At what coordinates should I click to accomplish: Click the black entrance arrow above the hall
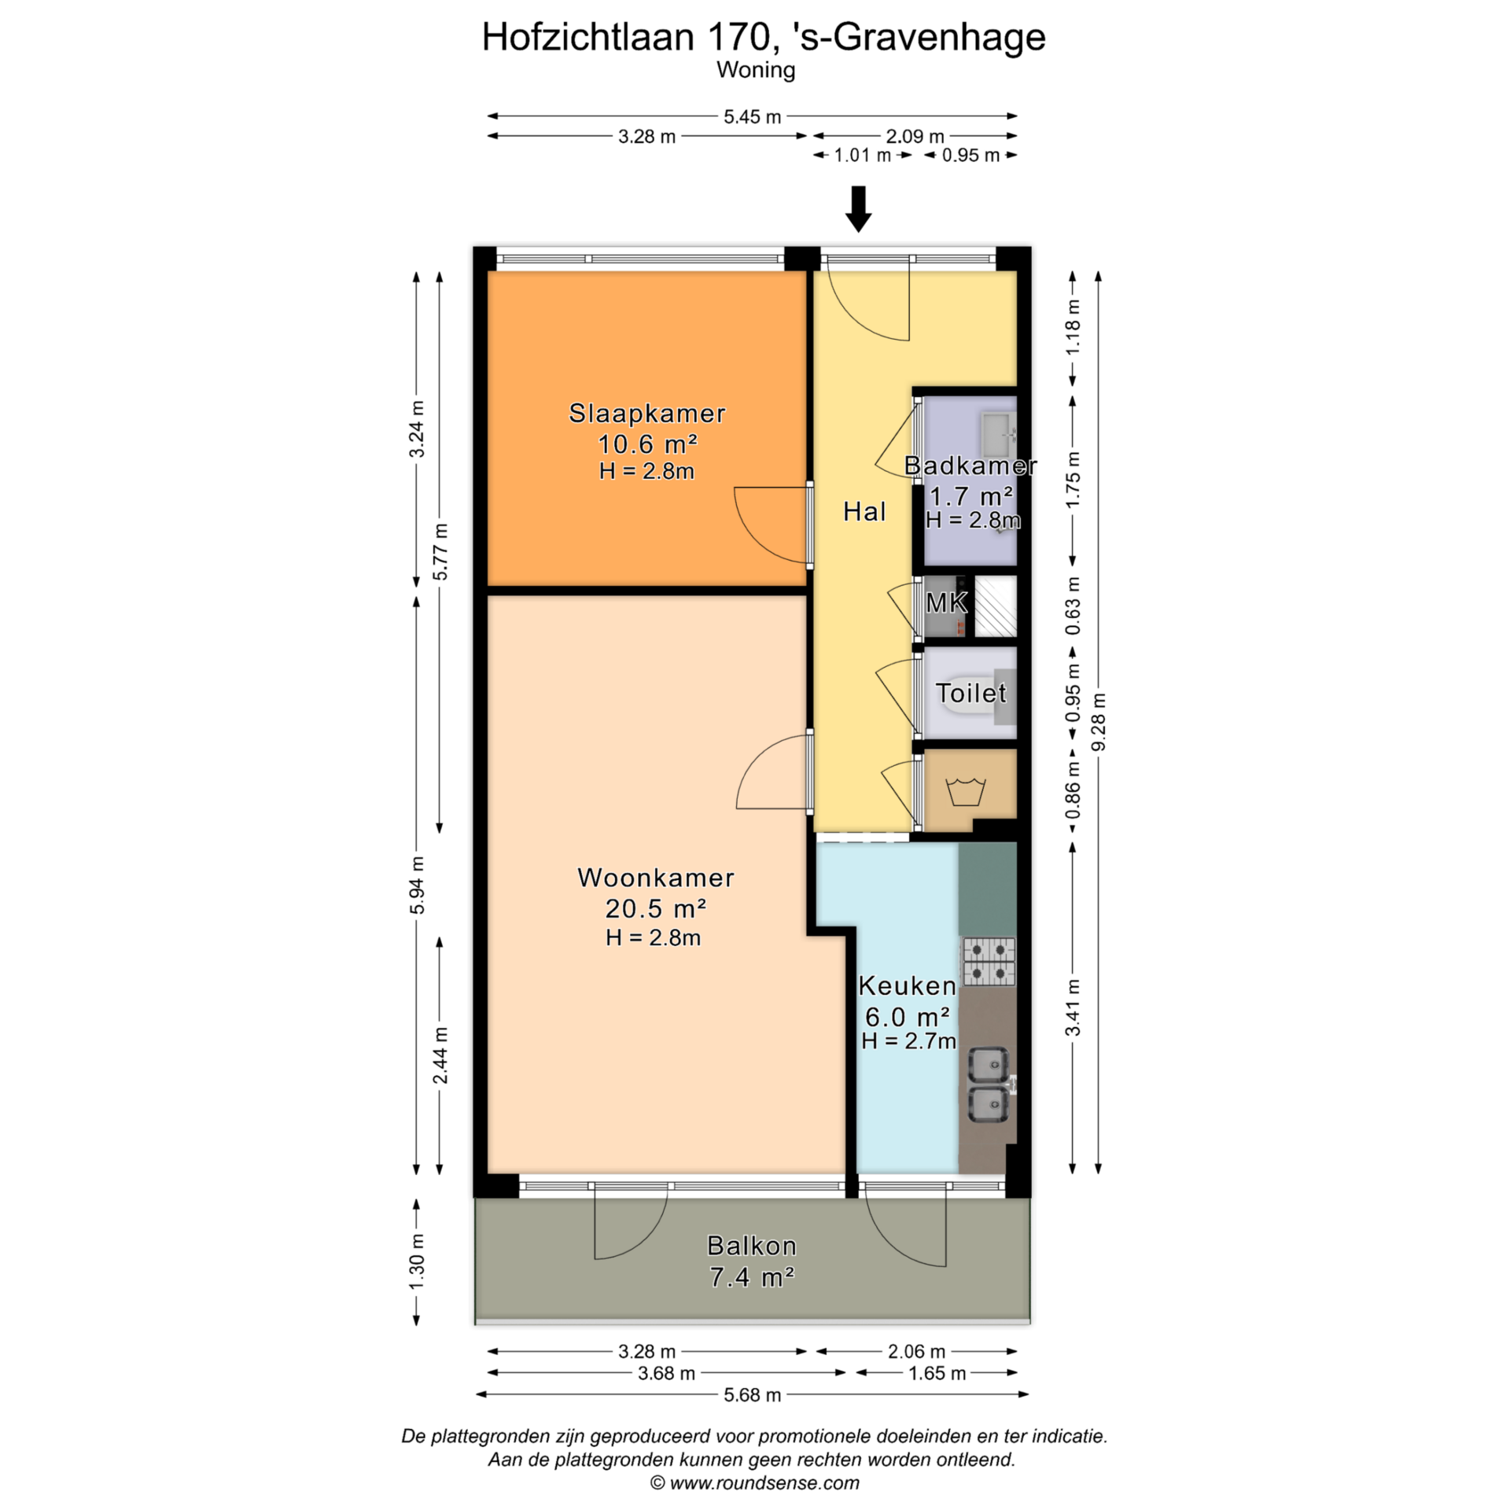pos(858,209)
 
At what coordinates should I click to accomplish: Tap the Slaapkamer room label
pos(646,414)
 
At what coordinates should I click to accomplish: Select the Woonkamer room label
pos(656,878)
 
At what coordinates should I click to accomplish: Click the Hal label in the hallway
pos(864,512)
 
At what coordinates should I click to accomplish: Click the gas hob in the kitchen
pos(989,962)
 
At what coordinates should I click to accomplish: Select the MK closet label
pos(946,603)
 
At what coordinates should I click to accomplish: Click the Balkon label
pos(751,1246)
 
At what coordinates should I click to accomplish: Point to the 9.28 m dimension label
pos(1099,721)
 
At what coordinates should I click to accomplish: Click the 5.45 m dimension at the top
pos(752,117)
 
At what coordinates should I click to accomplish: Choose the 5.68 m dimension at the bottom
pos(752,1395)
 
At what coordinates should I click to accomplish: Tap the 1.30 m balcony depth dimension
pos(416,1261)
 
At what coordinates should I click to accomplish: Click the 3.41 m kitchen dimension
pos(1073,1008)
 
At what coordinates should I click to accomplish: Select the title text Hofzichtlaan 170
pos(625,37)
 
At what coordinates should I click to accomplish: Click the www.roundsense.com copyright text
pos(754,1483)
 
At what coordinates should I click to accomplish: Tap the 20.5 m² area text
pos(655,908)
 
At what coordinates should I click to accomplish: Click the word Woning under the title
pos(756,71)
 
